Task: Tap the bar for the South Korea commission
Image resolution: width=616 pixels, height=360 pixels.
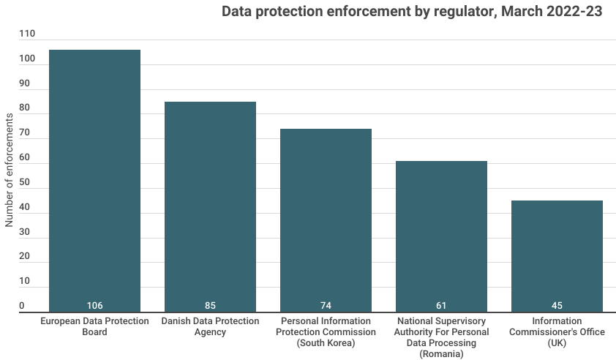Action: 326,220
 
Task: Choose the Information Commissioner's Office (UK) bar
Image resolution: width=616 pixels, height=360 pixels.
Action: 557,256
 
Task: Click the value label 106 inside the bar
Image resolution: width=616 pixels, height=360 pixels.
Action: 94,305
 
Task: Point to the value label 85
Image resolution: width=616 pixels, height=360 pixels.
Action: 210,305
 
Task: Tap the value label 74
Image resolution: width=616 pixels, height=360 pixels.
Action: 326,305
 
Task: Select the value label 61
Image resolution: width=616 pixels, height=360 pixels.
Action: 441,305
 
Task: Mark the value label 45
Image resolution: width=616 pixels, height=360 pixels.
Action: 557,305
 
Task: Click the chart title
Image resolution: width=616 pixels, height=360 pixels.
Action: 412,12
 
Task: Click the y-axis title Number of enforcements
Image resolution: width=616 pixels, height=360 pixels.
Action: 10,170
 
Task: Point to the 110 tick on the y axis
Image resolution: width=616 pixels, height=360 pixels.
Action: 27,34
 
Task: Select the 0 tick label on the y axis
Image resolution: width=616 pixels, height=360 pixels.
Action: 22,306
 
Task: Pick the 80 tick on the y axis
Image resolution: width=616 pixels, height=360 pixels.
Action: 25,108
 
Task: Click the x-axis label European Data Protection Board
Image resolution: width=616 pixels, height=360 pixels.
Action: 94,326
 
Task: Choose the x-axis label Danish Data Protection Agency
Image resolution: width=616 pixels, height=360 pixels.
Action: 210,326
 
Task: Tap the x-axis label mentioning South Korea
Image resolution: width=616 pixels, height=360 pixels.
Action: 326,331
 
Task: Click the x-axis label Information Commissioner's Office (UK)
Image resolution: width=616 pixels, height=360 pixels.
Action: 557,331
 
